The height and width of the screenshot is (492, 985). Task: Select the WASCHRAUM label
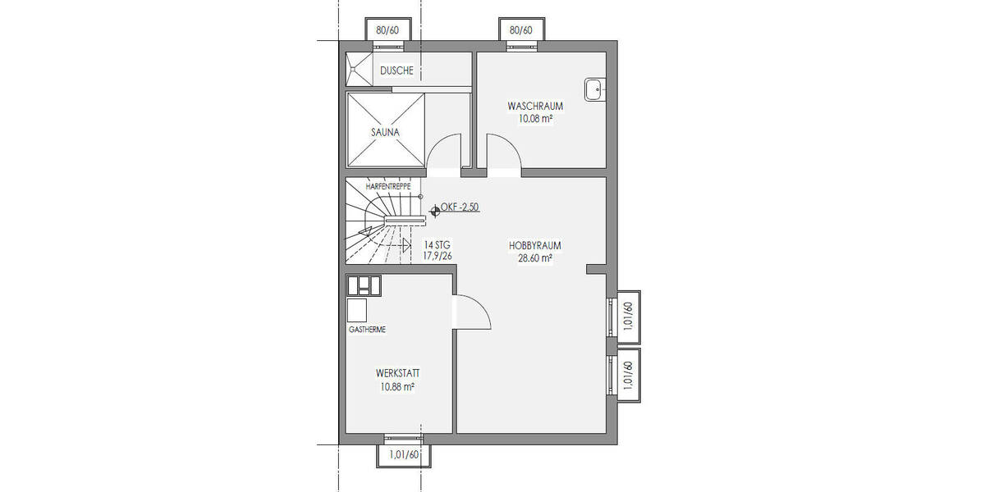click(x=534, y=107)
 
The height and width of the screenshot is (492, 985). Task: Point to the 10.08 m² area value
click(x=534, y=119)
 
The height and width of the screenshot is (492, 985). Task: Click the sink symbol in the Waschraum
click(x=594, y=89)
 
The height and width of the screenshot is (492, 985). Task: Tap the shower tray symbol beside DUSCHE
click(x=358, y=68)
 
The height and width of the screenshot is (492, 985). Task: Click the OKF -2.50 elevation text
click(x=460, y=207)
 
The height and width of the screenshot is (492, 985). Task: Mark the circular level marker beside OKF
click(x=434, y=209)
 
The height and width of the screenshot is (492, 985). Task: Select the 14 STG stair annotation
click(x=437, y=245)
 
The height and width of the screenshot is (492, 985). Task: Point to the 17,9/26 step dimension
click(x=438, y=256)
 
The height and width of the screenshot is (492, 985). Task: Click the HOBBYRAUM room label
click(x=534, y=245)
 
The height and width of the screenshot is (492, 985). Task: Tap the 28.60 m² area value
click(x=534, y=257)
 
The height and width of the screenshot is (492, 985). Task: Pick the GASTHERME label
click(x=367, y=330)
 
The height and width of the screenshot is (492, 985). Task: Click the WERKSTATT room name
click(x=396, y=373)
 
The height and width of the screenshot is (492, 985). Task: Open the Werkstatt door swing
click(x=472, y=312)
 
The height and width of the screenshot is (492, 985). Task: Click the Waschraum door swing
click(x=502, y=154)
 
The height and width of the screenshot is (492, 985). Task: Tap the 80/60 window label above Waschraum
click(x=521, y=30)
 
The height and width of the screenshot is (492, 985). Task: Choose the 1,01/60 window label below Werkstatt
click(x=405, y=455)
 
